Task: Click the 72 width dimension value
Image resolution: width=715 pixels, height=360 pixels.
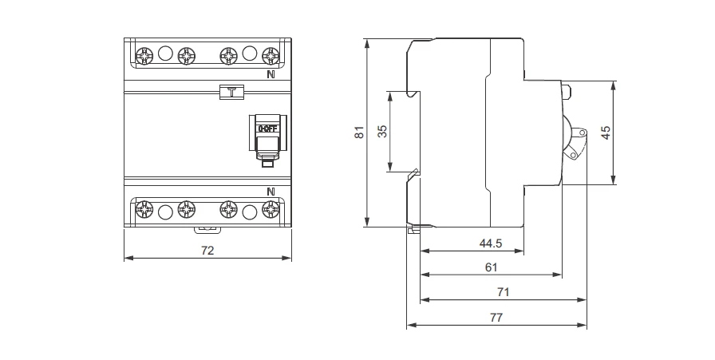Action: point(207,251)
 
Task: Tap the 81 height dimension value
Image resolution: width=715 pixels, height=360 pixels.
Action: point(360,133)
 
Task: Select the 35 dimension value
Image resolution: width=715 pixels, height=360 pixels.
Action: point(382,132)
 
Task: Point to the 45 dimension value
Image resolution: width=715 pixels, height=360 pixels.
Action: point(606,133)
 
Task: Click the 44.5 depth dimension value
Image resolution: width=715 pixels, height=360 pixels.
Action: point(490,243)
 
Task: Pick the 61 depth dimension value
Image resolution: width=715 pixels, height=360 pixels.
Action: point(491,267)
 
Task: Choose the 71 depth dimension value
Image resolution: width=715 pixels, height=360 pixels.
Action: point(503,292)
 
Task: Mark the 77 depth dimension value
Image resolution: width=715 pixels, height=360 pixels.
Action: point(496,318)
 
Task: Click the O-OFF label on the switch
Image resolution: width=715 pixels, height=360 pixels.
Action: point(267,129)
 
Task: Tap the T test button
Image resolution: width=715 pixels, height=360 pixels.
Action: point(231,92)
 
